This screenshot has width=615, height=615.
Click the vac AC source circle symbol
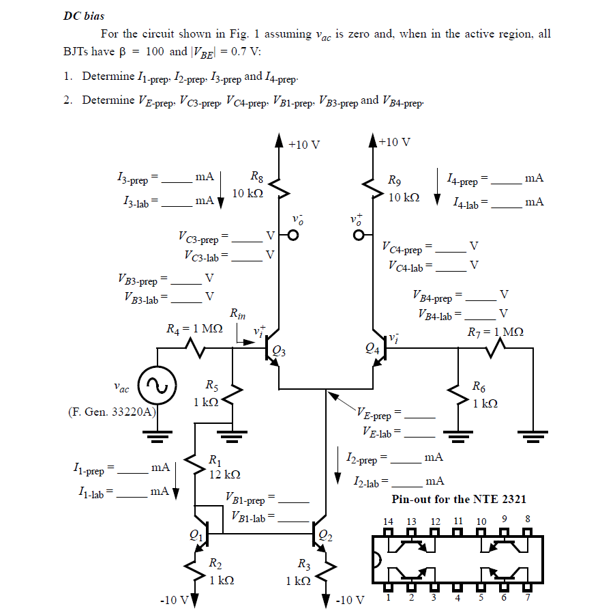157,386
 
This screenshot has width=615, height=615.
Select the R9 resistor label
394,181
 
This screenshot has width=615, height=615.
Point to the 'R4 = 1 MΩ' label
195,328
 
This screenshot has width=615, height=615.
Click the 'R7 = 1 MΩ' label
496,332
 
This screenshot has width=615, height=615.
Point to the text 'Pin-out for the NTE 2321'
459,499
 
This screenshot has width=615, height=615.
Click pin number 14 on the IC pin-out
388,521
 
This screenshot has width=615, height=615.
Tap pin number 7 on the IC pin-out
528,599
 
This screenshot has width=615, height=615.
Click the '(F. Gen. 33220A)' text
112,412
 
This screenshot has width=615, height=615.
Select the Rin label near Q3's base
238,314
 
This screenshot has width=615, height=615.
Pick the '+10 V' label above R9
395,142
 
